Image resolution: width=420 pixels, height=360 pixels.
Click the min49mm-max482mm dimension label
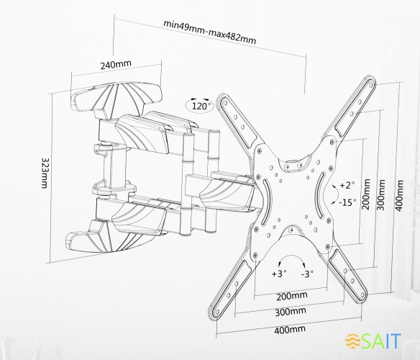click(210, 32)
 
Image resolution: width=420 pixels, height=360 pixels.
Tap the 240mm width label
click(116, 64)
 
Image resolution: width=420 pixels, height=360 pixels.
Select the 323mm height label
click(45, 173)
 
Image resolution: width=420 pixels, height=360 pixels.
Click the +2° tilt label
click(347, 185)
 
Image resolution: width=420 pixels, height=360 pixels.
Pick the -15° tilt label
click(347, 202)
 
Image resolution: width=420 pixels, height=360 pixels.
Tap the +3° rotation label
click(279, 274)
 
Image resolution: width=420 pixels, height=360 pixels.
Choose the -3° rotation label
click(307, 274)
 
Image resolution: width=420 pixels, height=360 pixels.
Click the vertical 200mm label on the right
click(366, 194)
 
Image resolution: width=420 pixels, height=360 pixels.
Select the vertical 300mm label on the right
click(380, 194)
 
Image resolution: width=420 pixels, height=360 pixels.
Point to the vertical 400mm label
click(399, 196)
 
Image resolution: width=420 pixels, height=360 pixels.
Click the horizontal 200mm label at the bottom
click(292, 296)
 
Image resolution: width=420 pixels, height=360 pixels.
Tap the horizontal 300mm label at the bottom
click(291, 312)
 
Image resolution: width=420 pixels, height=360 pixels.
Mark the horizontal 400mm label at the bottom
click(290, 330)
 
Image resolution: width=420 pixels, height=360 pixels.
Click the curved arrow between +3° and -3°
click(292, 257)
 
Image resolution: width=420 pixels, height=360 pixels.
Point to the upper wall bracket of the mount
click(117, 99)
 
